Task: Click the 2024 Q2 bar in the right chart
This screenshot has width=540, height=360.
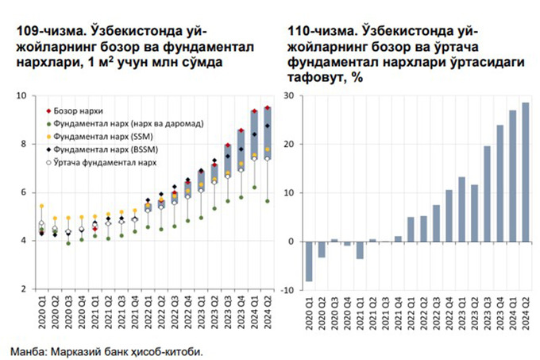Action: click(x=525, y=172)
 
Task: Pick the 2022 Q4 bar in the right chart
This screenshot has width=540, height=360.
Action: click(x=449, y=215)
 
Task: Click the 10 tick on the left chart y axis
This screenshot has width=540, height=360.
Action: click(x=21, y=96)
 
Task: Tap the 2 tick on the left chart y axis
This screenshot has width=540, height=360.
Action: click(x=24, y=289)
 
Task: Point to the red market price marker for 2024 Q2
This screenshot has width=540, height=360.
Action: click(x=268, y=108)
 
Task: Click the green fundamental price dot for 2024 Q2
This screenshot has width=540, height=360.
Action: click(x=268, y=201)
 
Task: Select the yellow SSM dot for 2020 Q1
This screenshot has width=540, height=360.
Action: click(x=41, y=206)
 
